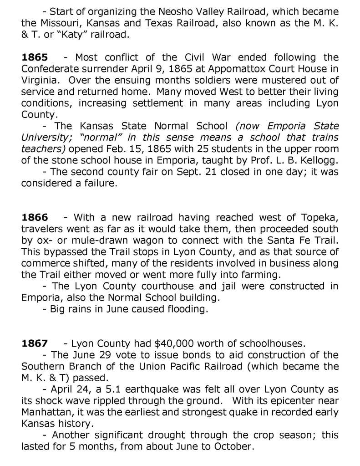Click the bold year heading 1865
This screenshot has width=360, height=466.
tap(35, 58)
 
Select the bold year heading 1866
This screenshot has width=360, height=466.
tap(35, 217)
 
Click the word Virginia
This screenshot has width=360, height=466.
tap(40, 79)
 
